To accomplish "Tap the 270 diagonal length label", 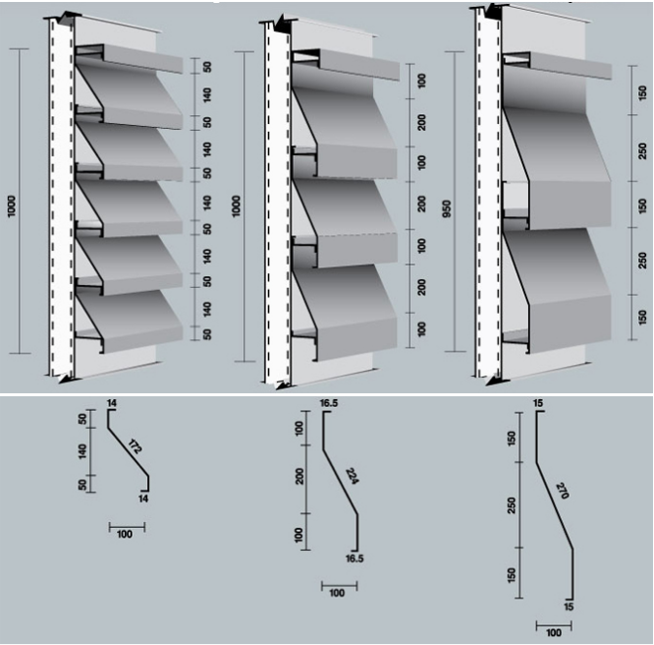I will coord(562,491).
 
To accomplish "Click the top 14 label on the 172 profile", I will coord(112,405).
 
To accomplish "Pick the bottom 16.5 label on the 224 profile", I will coord(355,557).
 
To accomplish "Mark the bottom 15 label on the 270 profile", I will coord(569,605).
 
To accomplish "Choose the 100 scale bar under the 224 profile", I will coord(338,592).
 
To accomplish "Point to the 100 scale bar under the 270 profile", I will coord(554,631).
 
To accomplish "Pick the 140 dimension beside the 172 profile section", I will coord(83,450).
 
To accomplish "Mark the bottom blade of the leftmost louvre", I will coord(133,315).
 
